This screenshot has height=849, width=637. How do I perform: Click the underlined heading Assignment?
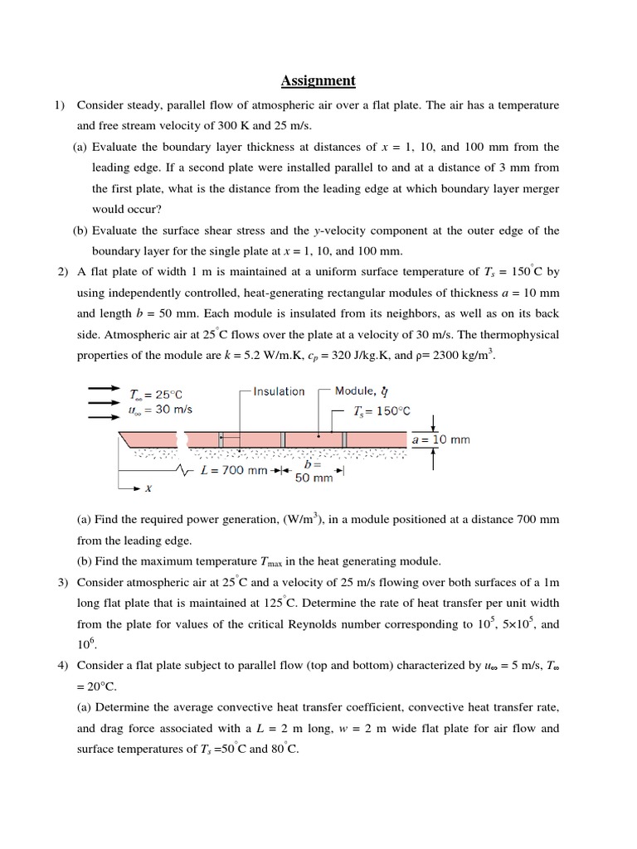pyautogui.click(x=318, y=80)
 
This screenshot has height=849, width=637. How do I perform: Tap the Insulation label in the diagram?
pyautogui.click(x=279, y=391)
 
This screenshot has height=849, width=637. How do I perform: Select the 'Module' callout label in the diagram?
pyautogui.click(x=355, y=391)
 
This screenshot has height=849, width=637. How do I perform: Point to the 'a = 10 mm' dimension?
pyautogui.click(x=440, y=439)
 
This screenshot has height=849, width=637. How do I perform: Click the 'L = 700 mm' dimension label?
pyautogui.click(x=235, y=470)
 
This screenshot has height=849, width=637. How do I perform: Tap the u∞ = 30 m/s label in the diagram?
pyautogui.click(x=162, y=410)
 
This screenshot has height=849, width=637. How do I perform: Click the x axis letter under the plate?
pyautogui.click(x=148, y=489)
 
